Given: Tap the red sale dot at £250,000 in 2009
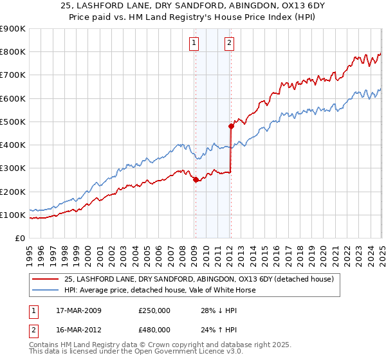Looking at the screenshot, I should [x=196, y=180].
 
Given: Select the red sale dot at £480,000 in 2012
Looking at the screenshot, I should [x=231, y=126].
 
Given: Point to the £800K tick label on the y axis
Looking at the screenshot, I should [x=13, y=52].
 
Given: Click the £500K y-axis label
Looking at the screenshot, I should [x=13, y=122].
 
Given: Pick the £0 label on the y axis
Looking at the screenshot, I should [x=20, y=239].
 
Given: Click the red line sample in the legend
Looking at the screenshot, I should [x=45, y=280].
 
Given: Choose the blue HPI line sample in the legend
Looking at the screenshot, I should [x=45, y=291].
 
